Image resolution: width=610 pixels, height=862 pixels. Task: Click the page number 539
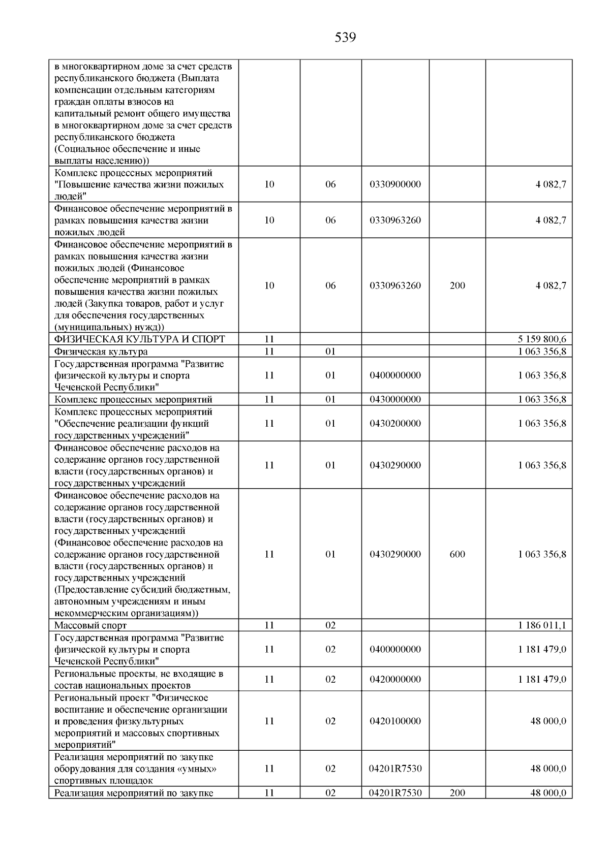pos(345,38)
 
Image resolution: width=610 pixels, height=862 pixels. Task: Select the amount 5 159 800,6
pos(542,339)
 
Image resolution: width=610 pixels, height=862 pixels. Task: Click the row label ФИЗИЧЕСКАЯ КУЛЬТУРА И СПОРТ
pos(139,339)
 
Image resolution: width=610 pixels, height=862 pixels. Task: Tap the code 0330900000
pos(395,184)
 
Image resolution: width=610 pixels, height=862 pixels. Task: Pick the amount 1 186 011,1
pos(542,625)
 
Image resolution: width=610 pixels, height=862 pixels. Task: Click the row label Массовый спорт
pos(90,625)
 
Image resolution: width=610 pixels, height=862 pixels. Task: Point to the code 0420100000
pos(395,721)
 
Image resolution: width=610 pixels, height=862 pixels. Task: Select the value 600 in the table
pos(457,554)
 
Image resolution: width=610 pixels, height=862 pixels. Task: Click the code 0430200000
pos(395,423)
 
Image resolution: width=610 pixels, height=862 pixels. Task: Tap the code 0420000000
pos(395,679)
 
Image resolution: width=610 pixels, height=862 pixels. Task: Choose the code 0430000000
pos(395,399)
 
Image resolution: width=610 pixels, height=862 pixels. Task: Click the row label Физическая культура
pos(101,352)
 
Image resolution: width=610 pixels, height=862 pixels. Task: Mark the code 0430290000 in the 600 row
pos(395,554)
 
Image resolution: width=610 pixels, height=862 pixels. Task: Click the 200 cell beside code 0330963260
pos(457,285)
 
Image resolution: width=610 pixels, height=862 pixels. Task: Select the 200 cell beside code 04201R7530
pos(457,793)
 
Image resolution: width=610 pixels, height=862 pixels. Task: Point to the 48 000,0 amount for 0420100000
pos(548,721)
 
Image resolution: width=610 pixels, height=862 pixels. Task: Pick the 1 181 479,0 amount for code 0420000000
pos(542,679)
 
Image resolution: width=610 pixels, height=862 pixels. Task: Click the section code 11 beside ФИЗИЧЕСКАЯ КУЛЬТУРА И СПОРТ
pos(269,339)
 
